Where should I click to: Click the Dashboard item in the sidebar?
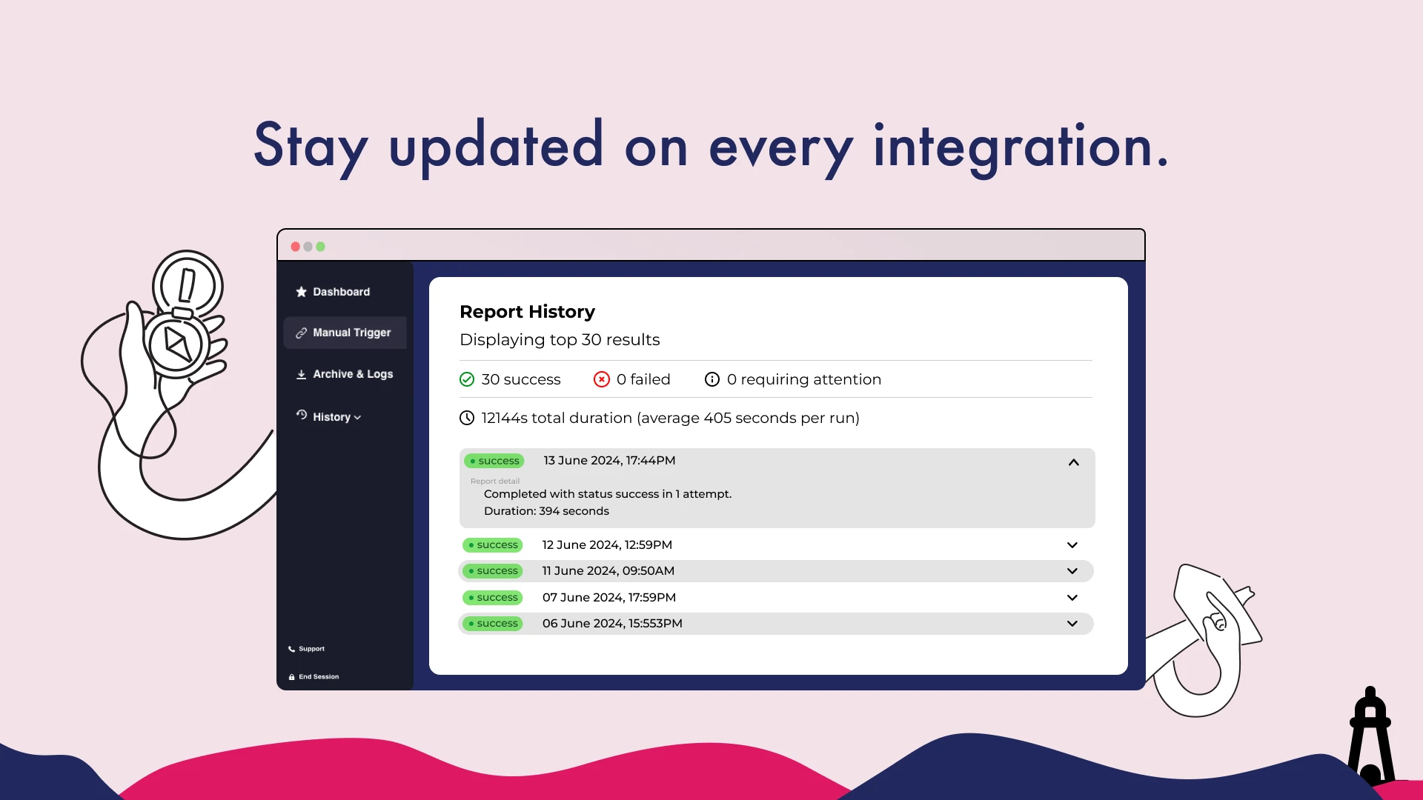coord(333,292)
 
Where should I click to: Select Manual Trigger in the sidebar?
coord(345,333)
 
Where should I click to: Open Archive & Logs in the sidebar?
coord(345,374)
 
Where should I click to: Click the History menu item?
coord(328,416)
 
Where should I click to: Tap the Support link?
coord(306,649)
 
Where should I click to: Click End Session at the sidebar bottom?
coord(314,677)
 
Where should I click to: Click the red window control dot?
coord(296,247)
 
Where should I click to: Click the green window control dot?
coord(320,247)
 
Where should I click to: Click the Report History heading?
coord(527,312)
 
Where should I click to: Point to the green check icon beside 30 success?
coord(467,380)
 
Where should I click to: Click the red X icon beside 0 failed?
coord(602,380)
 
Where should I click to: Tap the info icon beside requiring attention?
coord(712,380)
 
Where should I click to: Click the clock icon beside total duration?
coord(467,418)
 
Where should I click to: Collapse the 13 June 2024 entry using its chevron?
coord(1073,462)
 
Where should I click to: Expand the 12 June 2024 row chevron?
coord(1072,545)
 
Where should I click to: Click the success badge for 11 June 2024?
coord(493,571)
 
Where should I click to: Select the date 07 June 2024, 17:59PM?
coord(609,598)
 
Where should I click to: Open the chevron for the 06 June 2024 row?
coord(1072,624)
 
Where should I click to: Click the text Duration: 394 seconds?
coord(546,511)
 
